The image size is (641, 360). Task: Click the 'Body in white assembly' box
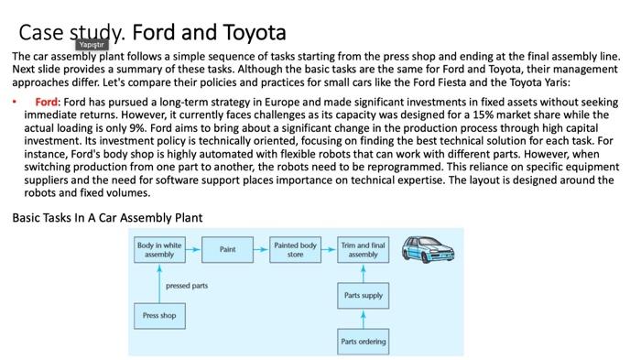click(159, 249)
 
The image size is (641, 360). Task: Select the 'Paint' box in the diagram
click(227, 249)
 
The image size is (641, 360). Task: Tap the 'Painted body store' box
click(295, 249)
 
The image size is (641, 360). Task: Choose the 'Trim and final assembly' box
click(363, 249)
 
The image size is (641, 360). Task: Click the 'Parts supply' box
click(363, 297)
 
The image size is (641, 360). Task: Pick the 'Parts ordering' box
click(363, 342)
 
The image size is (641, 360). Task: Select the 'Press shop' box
click(159, 316)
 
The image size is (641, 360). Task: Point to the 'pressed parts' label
click(186, 286)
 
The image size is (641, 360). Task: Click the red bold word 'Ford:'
click(48, 101)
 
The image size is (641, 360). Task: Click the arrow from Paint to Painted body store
click(261, 249)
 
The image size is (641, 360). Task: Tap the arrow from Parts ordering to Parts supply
click(363, 320)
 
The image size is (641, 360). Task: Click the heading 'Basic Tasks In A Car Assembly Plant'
click(107, 217)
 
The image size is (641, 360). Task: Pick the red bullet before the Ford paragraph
click(16, 101)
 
